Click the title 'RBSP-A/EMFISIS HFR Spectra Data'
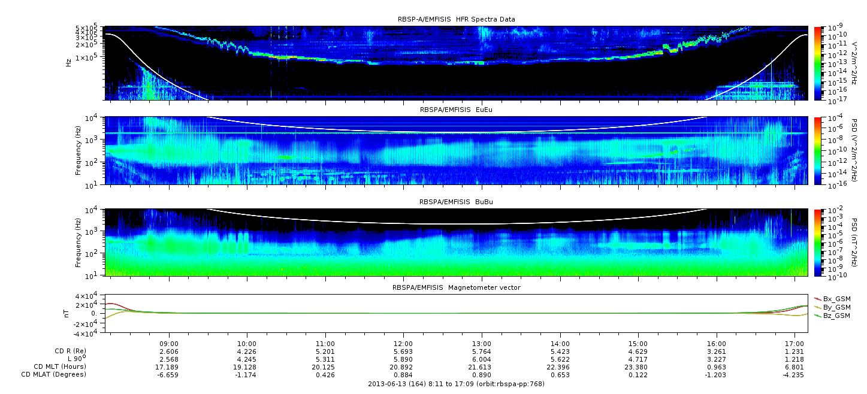[456, 19]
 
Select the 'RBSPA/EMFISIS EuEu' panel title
[456, 110]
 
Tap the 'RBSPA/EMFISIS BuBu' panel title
[456, 202]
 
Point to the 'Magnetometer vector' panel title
[456, 287]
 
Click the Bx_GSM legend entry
[836, 298]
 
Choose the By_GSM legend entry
[836, 307]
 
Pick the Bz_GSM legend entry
[836, 315]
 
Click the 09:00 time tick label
[169, 343]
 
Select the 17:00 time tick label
[795, 343]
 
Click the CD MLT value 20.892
[403, 366]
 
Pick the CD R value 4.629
[638, 351]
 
